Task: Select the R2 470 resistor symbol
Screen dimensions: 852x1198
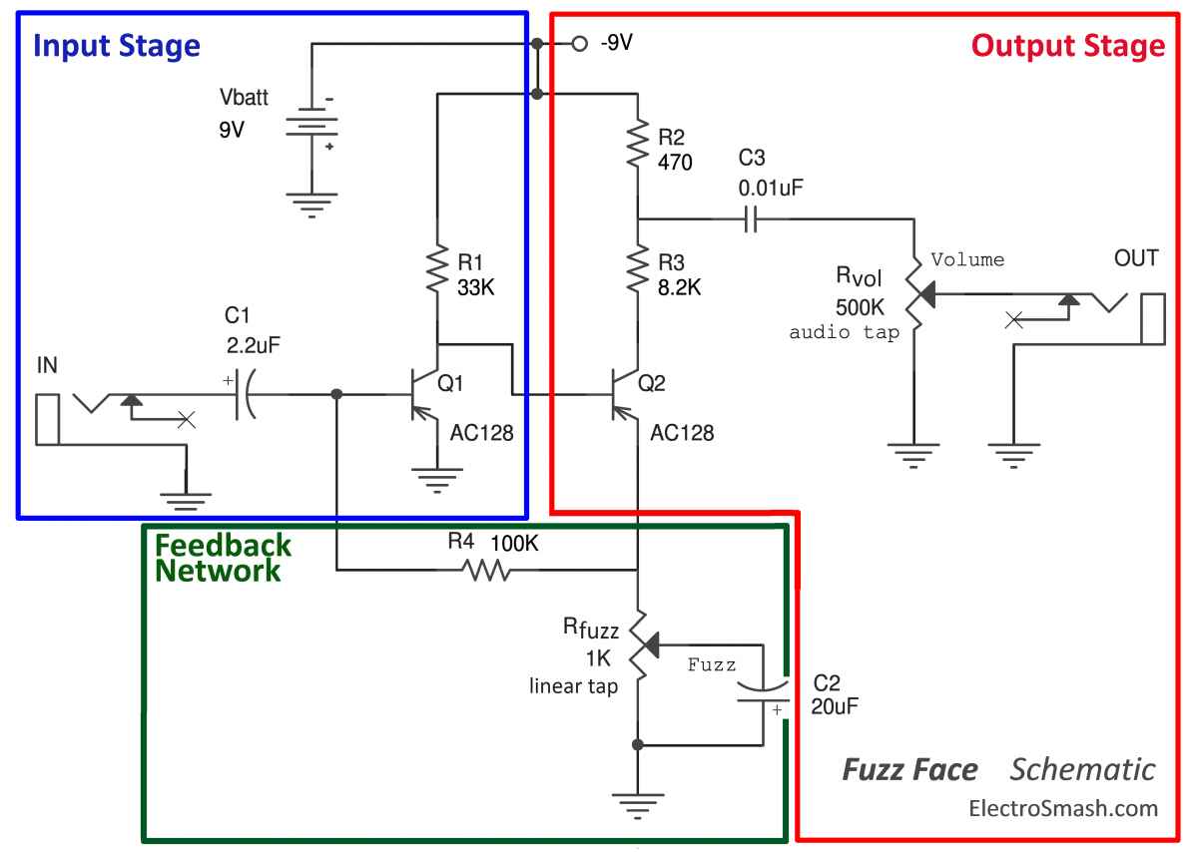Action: pyautogui.click(x=637, y=146)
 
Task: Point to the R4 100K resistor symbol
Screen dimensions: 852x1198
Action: pyautogui.click(x=486, y=570)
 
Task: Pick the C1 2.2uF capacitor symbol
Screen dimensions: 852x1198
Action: pyautogui.click(x=243, y=394)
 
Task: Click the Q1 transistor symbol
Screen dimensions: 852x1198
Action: pyautogui.click(x=419, y=394)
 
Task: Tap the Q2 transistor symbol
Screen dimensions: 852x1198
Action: pyautogui.click(x=620, y=394)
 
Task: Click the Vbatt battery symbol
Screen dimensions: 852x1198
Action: pyautogui.click(x=311, y=129)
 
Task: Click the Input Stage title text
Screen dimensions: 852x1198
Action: pyautogui.click(x=117, y=46)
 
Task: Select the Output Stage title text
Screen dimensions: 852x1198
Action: pyautogui.click(x=1067, y=46)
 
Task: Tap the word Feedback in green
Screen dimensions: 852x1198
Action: pyautogui.click(x=223, y=545)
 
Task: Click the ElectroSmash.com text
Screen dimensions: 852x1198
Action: pyautogui.click(x=1063, y=808)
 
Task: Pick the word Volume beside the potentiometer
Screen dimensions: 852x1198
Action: pyautogui.click(x=967, y=259)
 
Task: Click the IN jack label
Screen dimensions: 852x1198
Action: pyautogui.click(x=47, y=366)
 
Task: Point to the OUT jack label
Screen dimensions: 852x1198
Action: pyautogui.click(x=1136, y=259)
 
